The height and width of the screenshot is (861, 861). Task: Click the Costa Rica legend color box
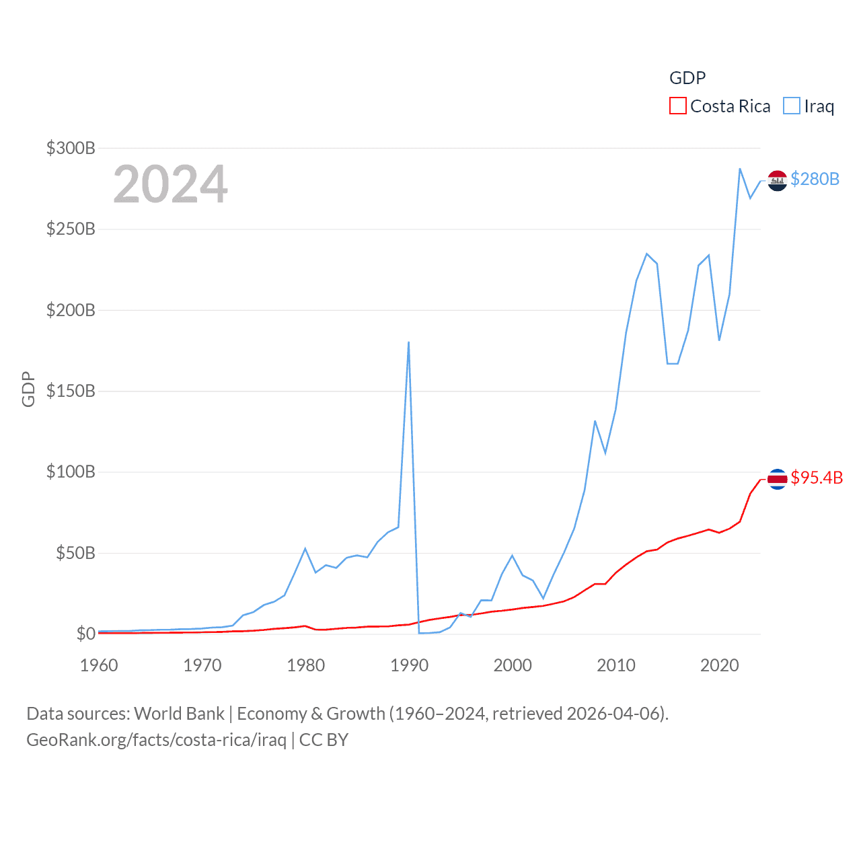(678, 106)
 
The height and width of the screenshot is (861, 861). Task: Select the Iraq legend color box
(792, 106)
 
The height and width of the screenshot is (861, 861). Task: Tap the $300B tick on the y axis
(71, 148)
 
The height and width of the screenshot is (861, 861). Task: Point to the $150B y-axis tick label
(71, 391)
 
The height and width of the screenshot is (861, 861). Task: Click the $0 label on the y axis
(85, 634)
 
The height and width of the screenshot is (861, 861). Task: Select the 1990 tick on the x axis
(409, 665)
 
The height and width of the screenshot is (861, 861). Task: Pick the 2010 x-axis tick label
(616, 665)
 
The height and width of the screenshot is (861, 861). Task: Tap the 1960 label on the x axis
(99, 665)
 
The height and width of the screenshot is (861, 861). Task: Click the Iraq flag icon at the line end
(778, 180)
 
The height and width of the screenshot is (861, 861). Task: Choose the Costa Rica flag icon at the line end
(778, 479)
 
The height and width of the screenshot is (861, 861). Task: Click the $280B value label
(815, 179)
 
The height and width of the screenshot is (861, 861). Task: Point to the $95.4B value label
(817, 478)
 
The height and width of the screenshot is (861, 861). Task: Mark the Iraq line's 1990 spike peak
(408, 342)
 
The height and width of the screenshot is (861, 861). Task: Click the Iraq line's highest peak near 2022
(740, 169)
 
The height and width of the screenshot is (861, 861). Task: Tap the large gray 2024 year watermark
(170, 184)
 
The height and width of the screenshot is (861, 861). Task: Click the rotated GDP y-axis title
(28, 389)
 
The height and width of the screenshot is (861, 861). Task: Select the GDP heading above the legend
(687, 78)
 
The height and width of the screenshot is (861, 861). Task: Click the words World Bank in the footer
(179, 713)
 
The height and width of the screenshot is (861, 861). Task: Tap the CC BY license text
(324, 740)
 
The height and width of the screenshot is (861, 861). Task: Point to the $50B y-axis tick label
(75, 553)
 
